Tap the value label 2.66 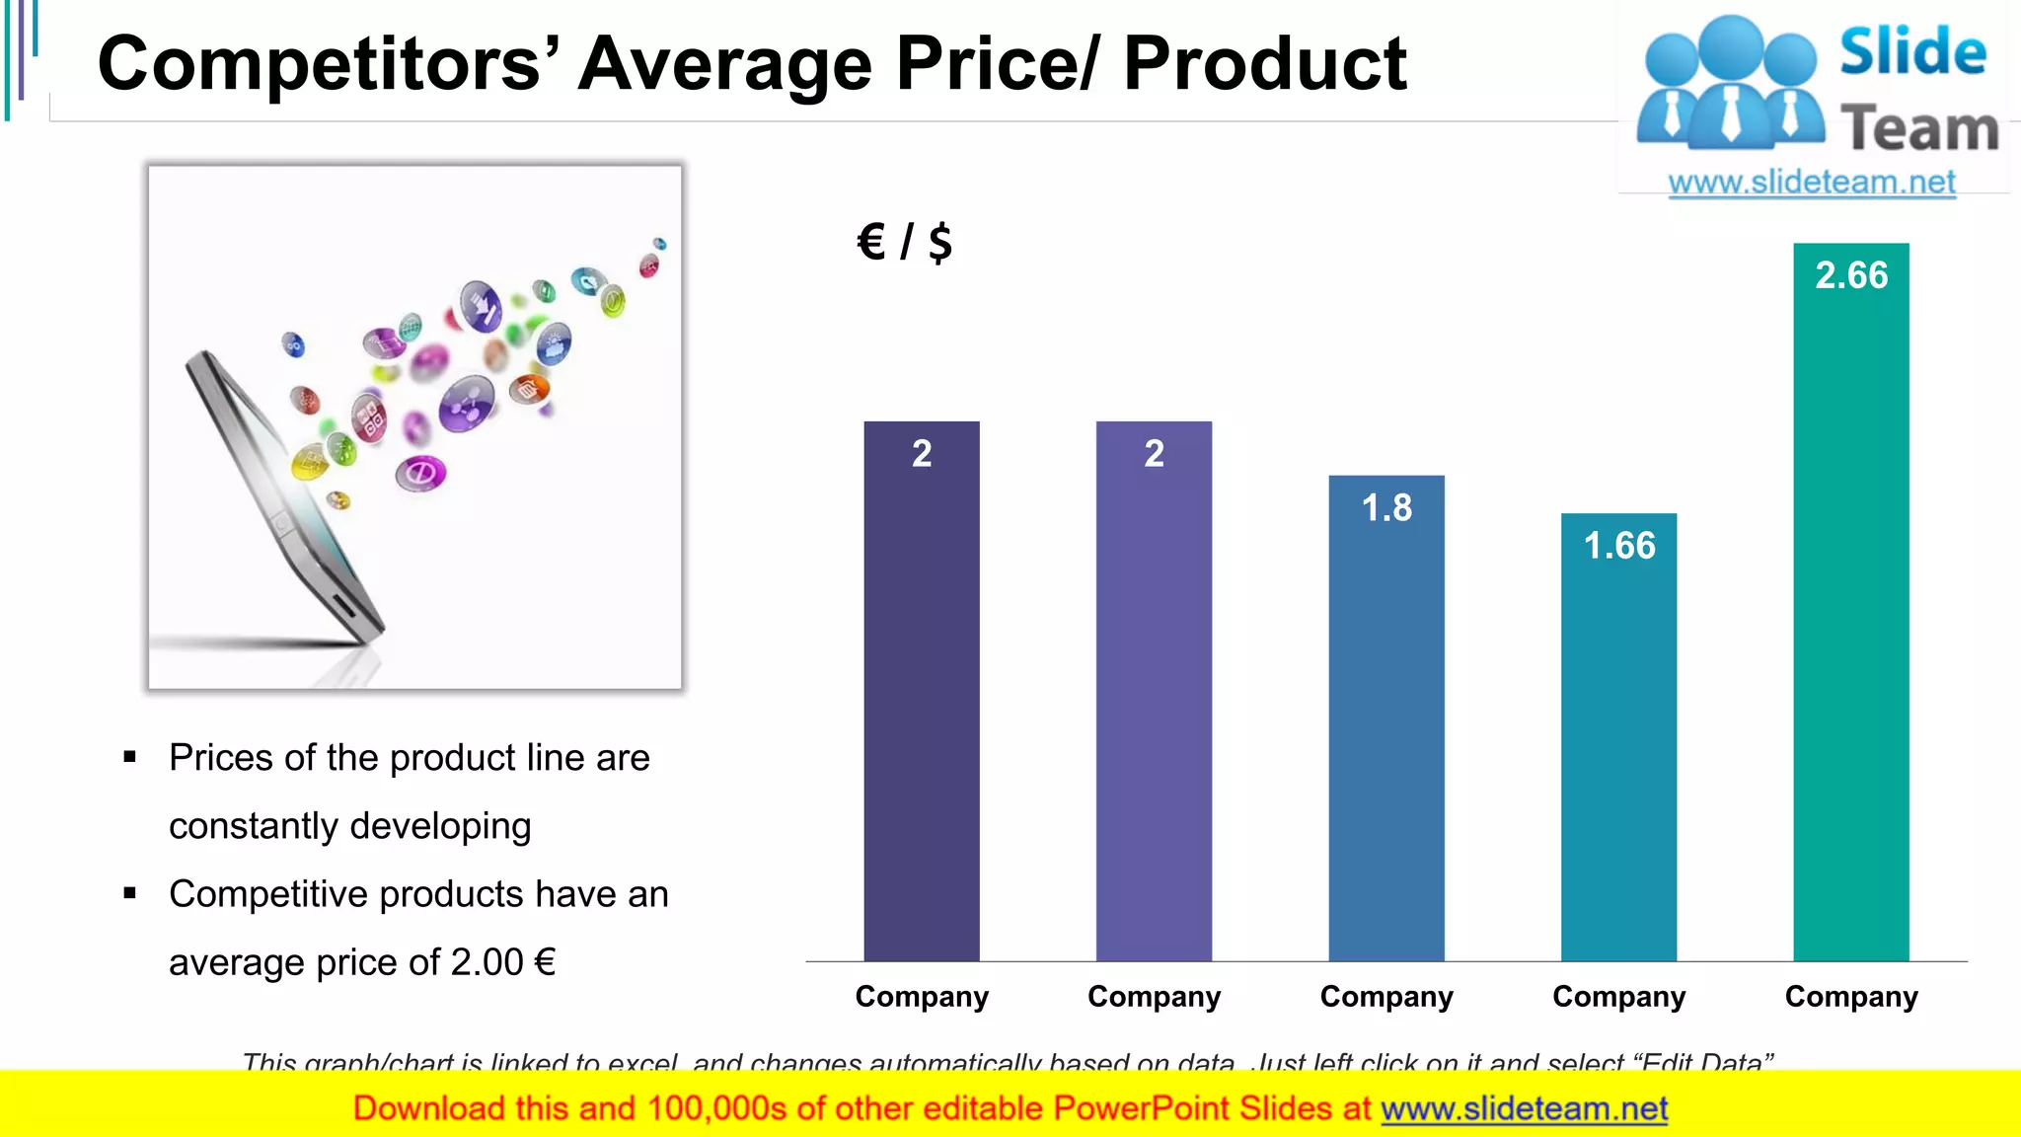(x=1851, y=275)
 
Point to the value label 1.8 (x=1386, y=508)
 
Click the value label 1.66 (x=1619, y=546)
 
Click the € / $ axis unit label (x=904, y=242)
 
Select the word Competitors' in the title (x=330, y=64)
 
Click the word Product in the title (x=1264, y=64)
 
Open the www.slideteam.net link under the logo (x=1811, y=183)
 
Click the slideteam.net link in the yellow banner (x=1524, y=1109)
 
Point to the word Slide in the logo (x=1912, y=51)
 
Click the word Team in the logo (x=1918, y=129)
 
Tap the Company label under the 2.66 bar (x=1851, y=997)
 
